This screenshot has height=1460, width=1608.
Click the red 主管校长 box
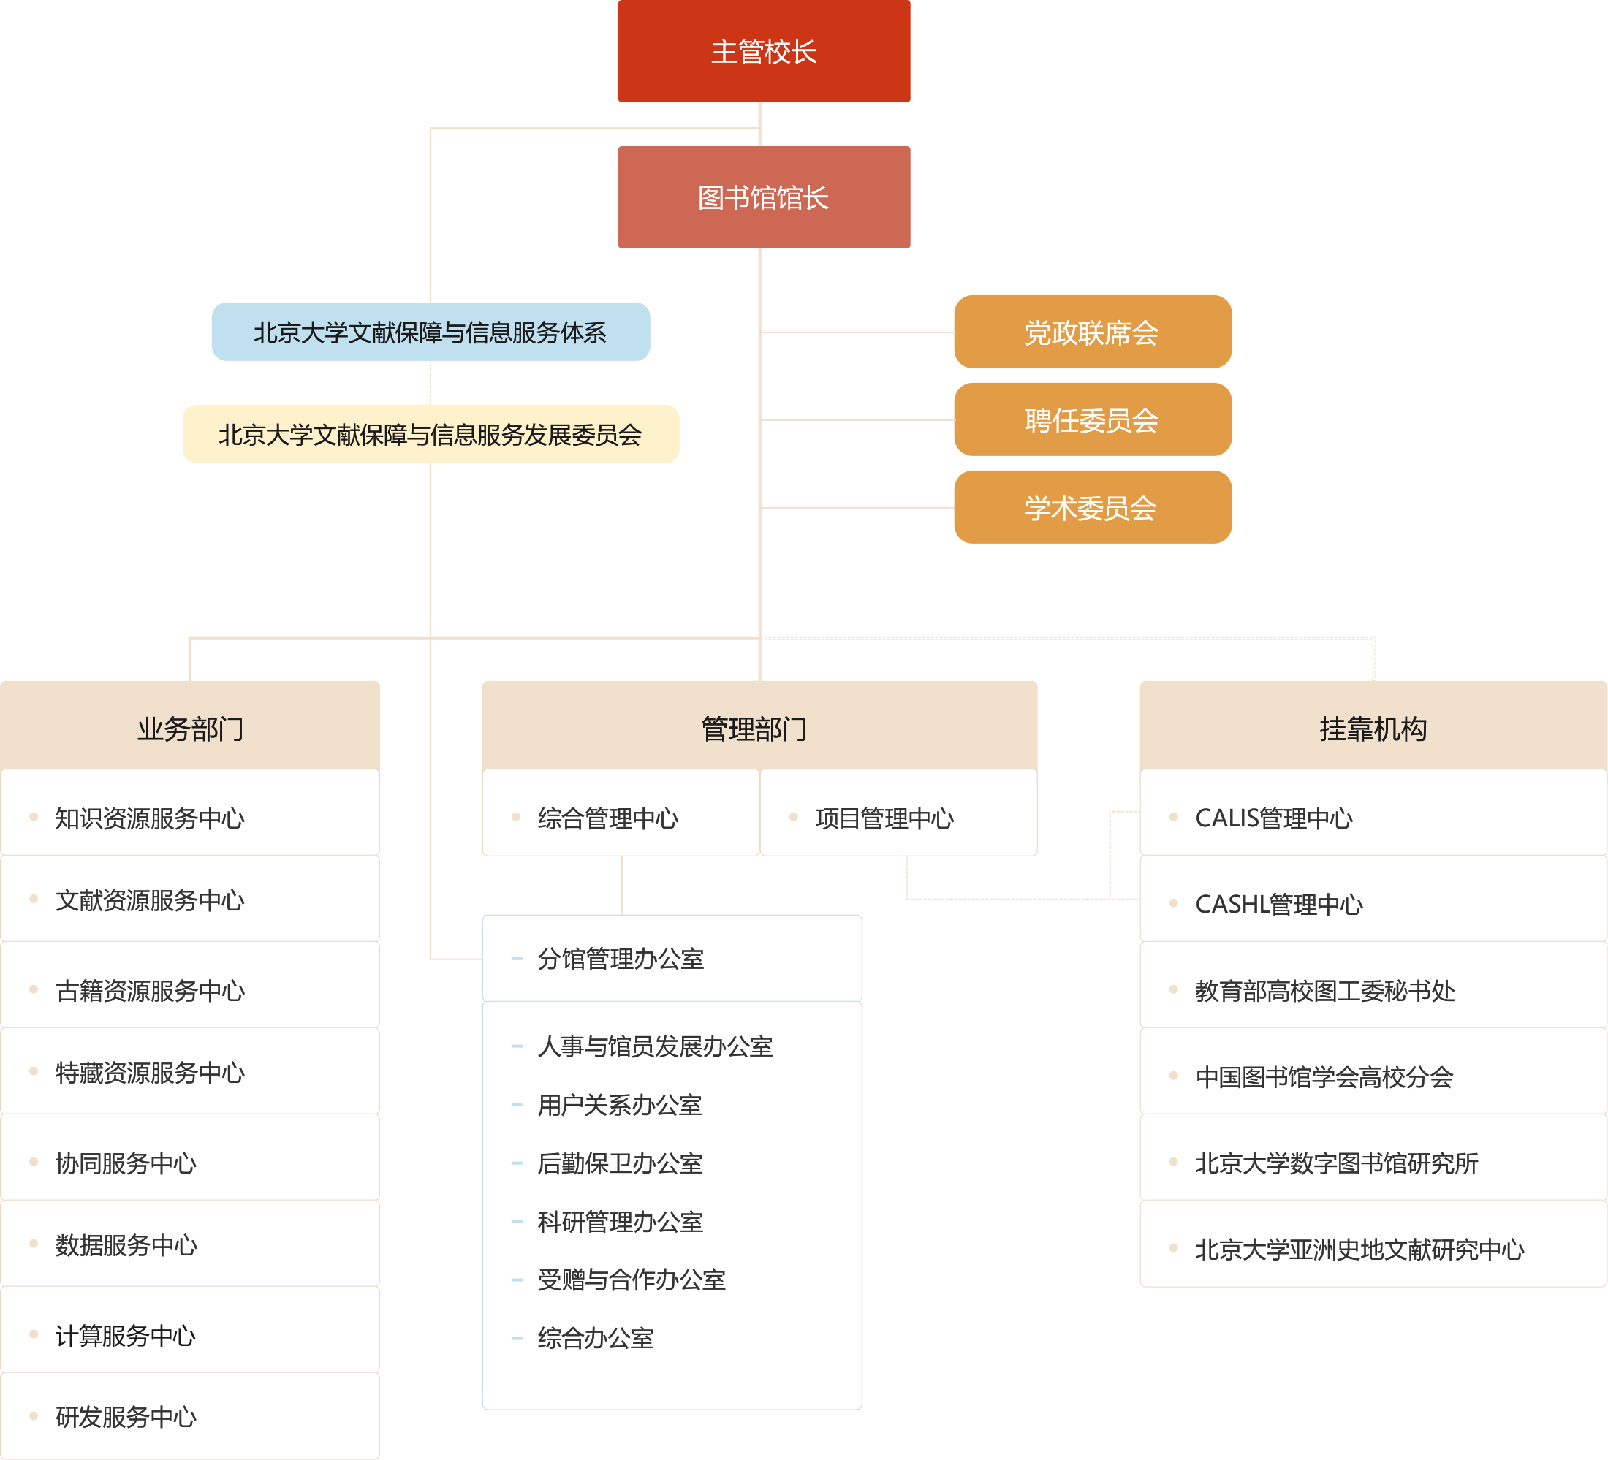763,52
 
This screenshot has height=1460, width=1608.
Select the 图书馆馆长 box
763,197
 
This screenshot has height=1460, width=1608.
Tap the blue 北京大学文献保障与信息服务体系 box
430,332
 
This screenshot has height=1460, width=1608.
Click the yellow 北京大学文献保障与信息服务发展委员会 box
430,434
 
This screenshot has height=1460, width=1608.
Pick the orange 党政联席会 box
1092,332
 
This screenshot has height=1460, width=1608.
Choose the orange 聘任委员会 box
1092,419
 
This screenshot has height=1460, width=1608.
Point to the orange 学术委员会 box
1092,507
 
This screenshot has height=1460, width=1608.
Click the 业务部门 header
190,728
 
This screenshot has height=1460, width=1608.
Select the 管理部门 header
754,728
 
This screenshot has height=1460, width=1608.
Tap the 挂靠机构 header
1372,728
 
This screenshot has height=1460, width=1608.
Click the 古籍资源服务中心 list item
150,990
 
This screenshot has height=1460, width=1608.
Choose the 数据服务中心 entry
126,1244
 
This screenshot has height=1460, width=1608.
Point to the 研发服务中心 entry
126,1417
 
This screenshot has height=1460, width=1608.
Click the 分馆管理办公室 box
621,959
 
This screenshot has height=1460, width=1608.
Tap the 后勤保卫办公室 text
620,1163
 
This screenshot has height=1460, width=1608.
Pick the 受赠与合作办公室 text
631,1280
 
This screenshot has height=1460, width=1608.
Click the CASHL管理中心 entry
1278,904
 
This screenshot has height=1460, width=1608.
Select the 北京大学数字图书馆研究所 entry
1336,1163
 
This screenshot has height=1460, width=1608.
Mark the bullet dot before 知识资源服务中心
34,816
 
